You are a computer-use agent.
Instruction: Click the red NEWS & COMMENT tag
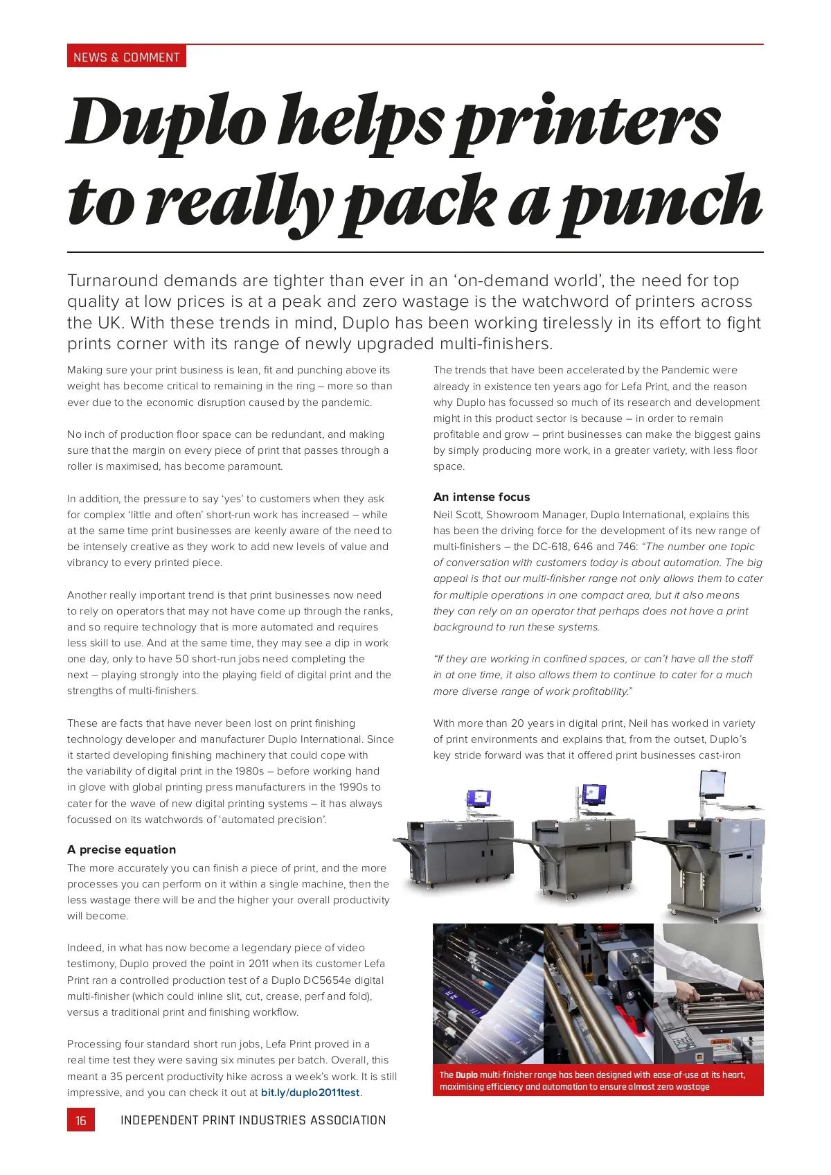click(127, 57)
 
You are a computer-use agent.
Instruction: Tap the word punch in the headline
click(661, 202)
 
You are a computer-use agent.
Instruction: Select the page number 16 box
click(80, 1120)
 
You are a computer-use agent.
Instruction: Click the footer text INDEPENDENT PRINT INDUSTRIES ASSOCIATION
click(253, 1120)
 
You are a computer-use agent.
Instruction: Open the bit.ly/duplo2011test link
click(310, 1093)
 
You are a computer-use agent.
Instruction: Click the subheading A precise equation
click(121, 849)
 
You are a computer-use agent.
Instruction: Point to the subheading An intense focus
click(481, 497)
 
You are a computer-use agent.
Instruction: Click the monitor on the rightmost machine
click(712, 784)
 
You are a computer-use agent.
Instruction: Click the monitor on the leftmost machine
click(479, 799)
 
